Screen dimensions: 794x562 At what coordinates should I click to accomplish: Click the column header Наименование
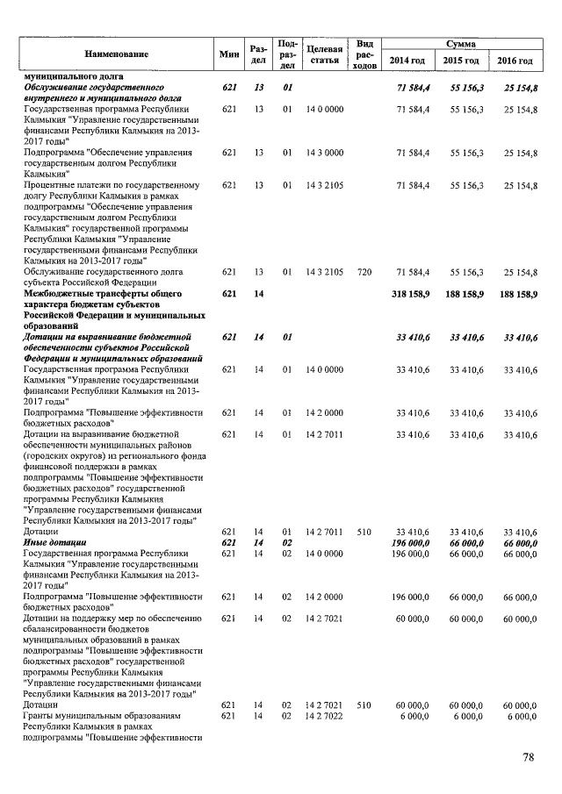116,54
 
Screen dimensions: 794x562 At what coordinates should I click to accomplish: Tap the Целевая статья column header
325,54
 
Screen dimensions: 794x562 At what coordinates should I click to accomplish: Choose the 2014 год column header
407,61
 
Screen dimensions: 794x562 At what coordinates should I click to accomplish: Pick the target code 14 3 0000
324,153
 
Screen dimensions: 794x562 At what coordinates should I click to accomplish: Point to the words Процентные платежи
64,185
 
